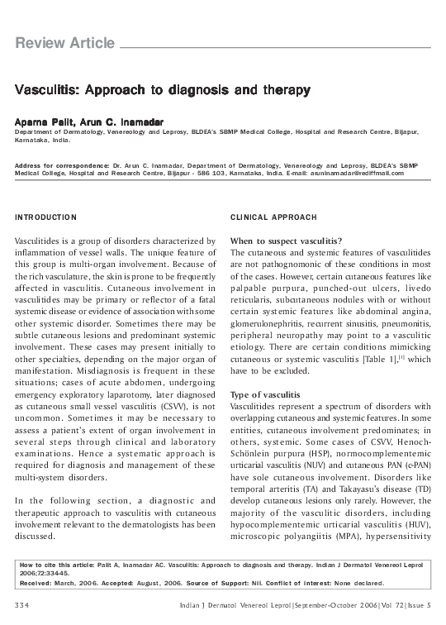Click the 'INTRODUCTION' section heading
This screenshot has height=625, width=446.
(x=46, y=217)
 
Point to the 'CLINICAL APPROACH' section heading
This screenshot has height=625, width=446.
(x=273, y=217)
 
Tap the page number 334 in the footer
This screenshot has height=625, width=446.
(x=24, y=608)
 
